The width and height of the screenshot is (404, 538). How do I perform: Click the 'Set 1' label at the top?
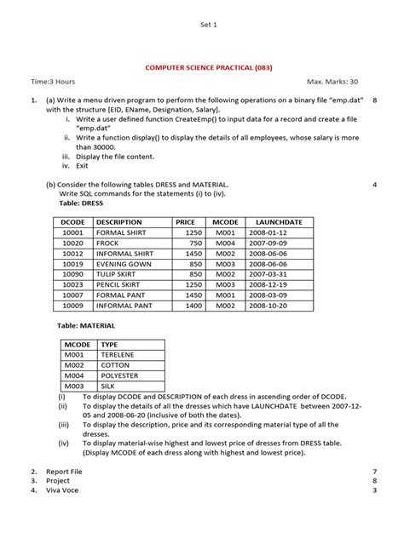[x=209, y=26]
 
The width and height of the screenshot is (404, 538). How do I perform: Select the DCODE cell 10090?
[x=72, y=273]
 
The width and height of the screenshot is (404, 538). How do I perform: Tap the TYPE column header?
[x=109, y=345]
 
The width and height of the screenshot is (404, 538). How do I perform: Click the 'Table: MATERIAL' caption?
[x=85, y=325]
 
